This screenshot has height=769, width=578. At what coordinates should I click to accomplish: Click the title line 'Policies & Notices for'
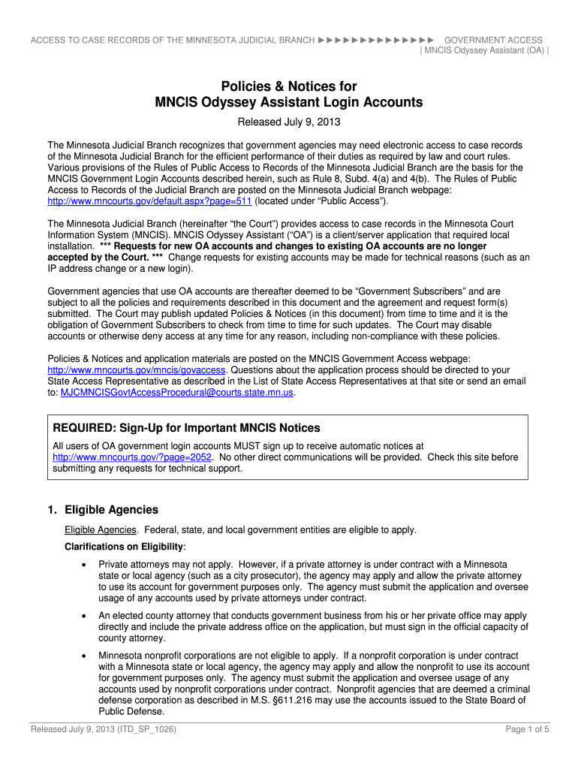[288, 86]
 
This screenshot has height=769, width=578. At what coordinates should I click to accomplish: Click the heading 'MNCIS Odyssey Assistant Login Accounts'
[288, 102]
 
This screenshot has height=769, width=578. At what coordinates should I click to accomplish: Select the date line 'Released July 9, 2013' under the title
[288, 122]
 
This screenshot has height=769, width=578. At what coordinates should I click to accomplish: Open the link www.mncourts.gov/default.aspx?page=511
[150, 201]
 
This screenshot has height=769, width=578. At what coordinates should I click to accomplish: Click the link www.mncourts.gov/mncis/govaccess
[137, 369]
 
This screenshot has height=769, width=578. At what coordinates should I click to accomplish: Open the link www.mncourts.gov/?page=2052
[133, 457]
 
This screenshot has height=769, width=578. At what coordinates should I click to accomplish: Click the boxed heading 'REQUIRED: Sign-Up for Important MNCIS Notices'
[186, 428]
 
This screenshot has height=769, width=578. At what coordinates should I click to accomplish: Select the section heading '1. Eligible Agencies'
[103, 510]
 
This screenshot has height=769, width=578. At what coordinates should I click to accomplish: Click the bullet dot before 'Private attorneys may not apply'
[82, 564]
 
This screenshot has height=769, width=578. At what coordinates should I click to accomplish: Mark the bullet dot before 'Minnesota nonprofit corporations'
[82, 656]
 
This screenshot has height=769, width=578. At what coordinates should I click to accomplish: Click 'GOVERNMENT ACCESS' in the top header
[493, 40]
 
